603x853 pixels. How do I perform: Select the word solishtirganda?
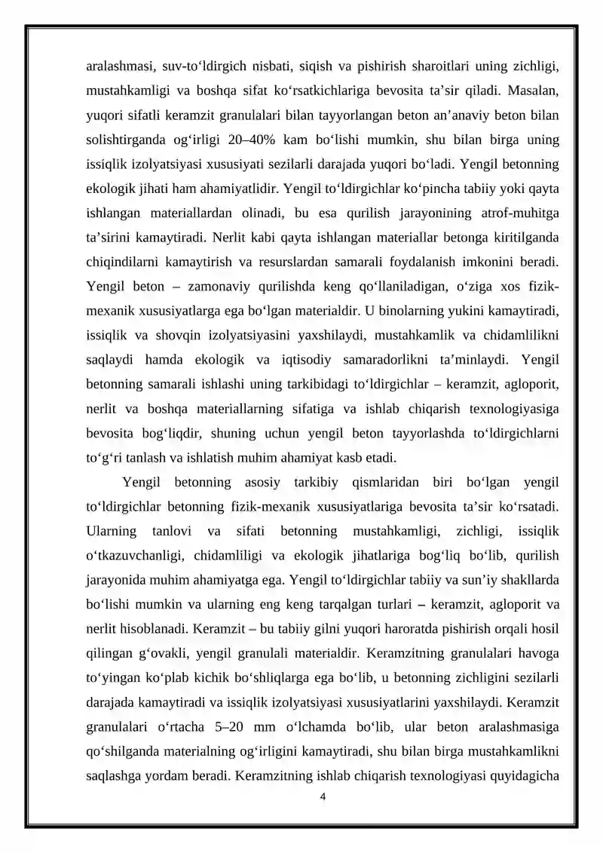tap(124, 141)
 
